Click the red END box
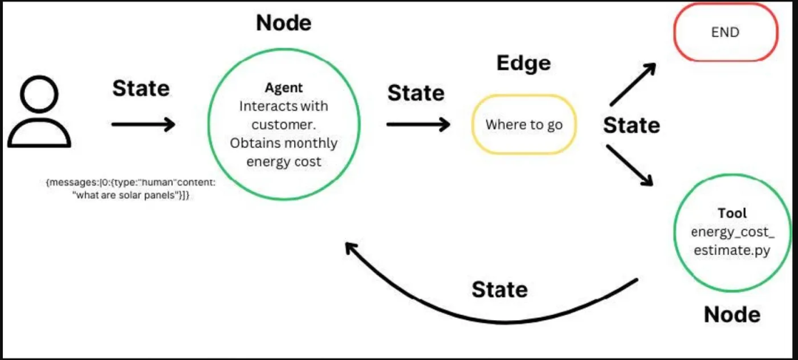[726, 33]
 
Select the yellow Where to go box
[524, 124]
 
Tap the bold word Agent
[284, 88]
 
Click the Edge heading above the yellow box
[523, 64]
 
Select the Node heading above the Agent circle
[284, 23]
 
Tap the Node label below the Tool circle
[731, 315]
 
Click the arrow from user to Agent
[143, 123]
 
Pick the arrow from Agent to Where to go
[417, 123]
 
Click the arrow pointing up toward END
[633, 84]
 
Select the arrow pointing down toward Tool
[630, 165]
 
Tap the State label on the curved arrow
[499, 288]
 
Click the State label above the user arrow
[140, 89]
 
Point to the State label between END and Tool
[631, 125]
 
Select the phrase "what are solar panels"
[121, 194]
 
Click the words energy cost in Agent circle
[284, 161]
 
